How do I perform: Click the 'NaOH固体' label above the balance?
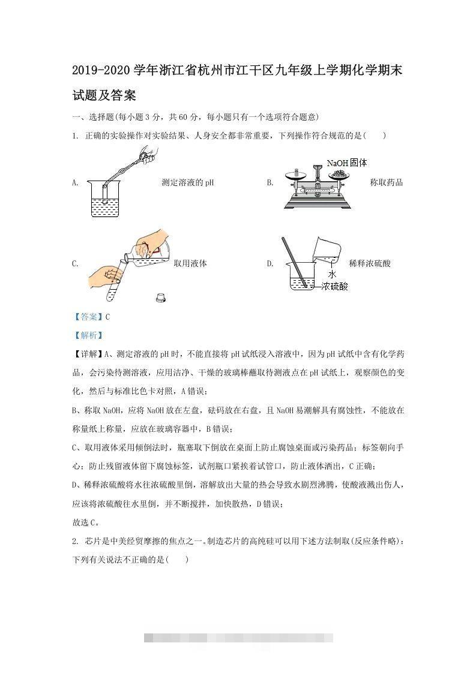coord(346,163)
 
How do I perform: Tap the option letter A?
coord(75,182)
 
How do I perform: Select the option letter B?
coord(270,182)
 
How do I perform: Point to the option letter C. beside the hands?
coord(75,263)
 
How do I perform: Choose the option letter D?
coord(270,263)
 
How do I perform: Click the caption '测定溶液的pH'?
coord(188,182)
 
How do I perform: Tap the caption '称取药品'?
coord(387,182)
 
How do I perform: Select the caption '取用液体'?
coord(190,263)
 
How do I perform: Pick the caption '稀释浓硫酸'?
coord(370,263)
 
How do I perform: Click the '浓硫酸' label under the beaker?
coord(334,287)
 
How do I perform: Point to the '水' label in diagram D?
coord(331,274)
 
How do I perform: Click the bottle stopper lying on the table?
coord(160,296)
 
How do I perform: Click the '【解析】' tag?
coord(84,335)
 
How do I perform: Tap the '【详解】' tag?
coord(85,354)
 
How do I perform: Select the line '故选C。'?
coord(85,522)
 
